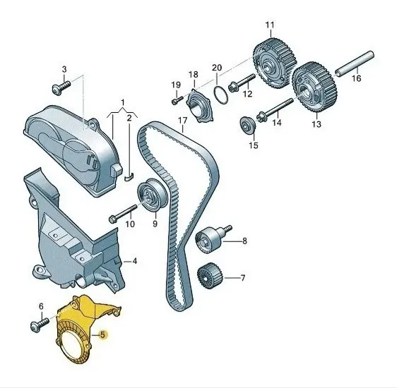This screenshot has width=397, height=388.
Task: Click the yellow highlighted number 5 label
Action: pyautogui.click(x=102, y=334)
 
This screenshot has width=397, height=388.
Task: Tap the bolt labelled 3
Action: pyautogui.click(x=61, y=87)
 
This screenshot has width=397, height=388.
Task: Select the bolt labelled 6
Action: pyautogui.click(x=40, y=325)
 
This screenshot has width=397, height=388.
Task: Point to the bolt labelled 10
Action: pyautogui.click(x=123, y=214)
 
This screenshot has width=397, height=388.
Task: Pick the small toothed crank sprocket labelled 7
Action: pyautogui.click(x=209, y=276)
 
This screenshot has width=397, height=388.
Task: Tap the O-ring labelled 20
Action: pyautogui.click(x=220, y=95)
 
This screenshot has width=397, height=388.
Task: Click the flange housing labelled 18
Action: pyautogui.click(x=200, y=105)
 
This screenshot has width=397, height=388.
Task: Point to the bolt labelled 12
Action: pyautogui.click(x=242, y=83)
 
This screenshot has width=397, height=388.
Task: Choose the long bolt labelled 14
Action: pyautogui.click(x=275, y=109)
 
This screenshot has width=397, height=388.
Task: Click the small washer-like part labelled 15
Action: pyautogui.click(x=248, y=125)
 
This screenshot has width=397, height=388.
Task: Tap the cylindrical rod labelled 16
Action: pyautogui.click(x=355, y=63)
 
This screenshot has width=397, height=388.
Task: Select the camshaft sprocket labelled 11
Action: pyautogui.click(x=275, y=63)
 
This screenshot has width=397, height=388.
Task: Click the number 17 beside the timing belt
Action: pyautogui.click(x=182, y=121)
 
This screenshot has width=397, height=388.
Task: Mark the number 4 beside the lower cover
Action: pyautogui.click(x=135, y=261)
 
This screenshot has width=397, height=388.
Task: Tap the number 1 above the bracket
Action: pyautogui.click(x=123, y=102)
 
